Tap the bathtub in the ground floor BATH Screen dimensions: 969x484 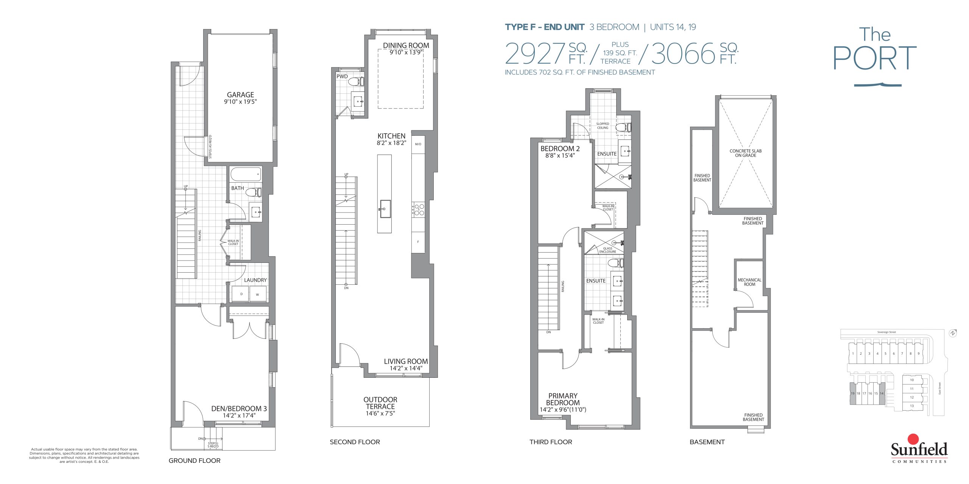246,174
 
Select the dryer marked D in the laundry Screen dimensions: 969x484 240,294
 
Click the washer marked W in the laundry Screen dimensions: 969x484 258,294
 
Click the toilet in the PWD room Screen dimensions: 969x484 356,81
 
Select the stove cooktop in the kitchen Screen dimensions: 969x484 418,209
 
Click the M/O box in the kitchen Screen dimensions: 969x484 418,144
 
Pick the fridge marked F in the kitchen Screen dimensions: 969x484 418,242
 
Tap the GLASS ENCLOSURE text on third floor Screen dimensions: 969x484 608,250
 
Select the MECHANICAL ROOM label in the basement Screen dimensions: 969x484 749,282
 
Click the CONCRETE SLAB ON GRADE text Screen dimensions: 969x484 746,153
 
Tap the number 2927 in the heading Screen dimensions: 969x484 535,54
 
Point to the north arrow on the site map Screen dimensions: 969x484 953,333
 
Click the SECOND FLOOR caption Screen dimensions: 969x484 355,442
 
